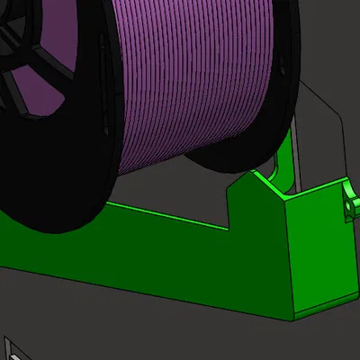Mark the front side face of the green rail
135,270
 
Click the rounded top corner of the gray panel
306,85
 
